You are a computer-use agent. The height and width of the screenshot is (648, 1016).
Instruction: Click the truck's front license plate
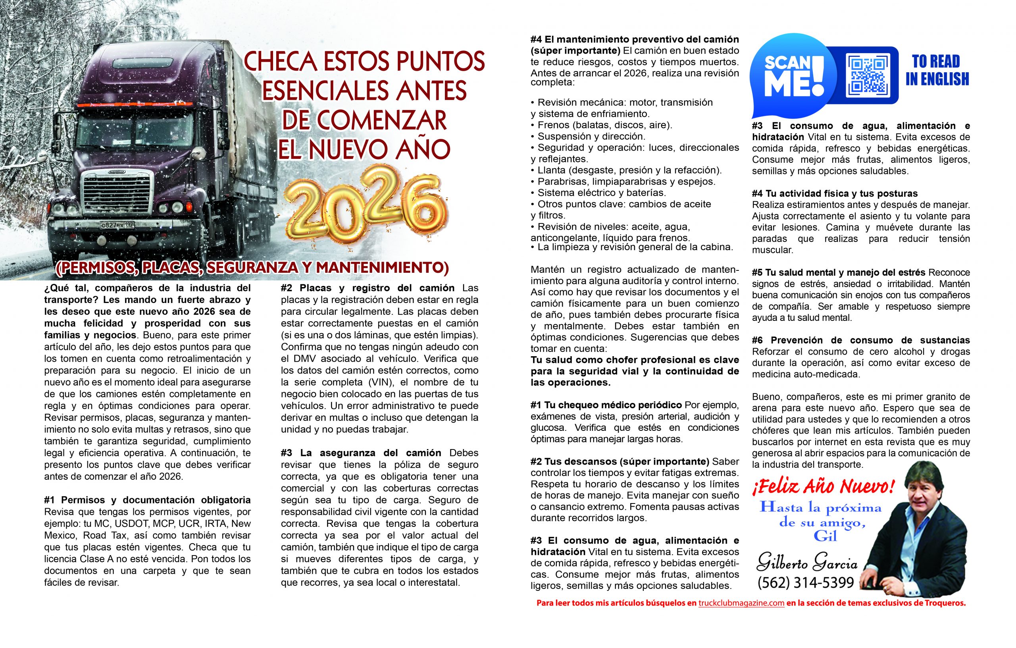click(x=117, y=225)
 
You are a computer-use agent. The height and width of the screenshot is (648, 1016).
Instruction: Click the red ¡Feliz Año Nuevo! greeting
click(x=823, y=487)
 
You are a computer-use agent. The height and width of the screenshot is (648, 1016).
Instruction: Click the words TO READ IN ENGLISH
click(x=937, y=70)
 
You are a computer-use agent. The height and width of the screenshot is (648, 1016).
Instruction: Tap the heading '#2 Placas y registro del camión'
click(x=368, y=288)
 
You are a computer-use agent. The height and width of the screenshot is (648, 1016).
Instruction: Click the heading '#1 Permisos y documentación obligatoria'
click(x=147, y=500)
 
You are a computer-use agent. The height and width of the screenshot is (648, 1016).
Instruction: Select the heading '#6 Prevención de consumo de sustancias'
click(x=861, y=340)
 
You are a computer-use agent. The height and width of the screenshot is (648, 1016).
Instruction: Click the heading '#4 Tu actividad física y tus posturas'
click(x=835, y=194)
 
